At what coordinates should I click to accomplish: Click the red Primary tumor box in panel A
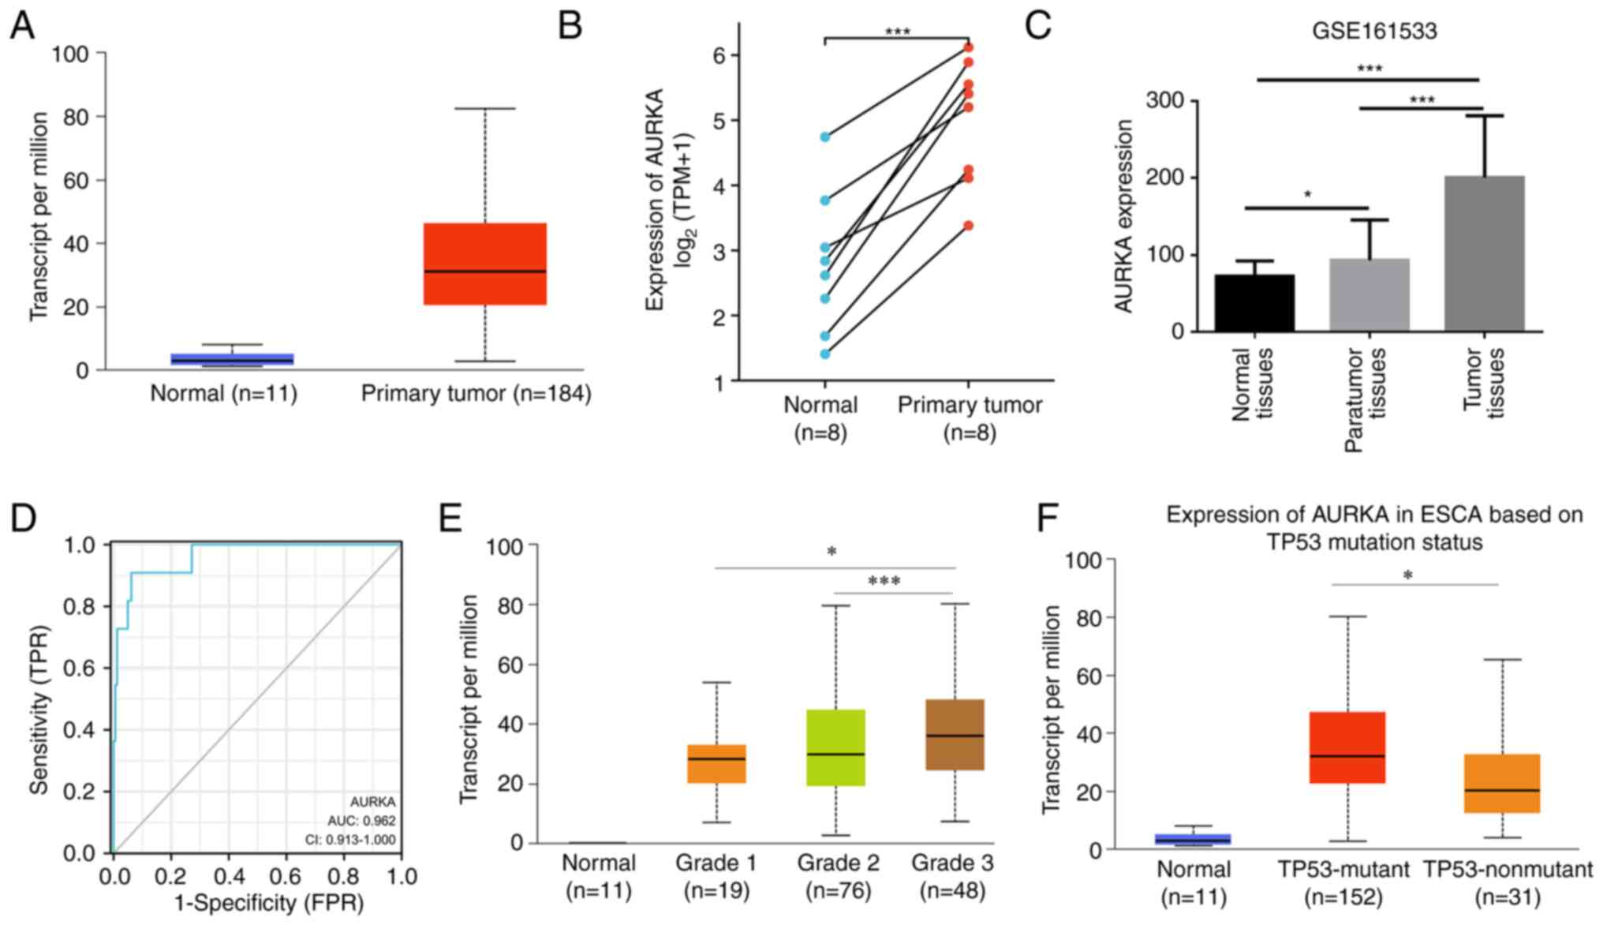[484, 264]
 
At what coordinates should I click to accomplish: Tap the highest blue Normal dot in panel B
[824, 137]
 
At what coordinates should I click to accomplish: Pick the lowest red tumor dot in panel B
[969, 226]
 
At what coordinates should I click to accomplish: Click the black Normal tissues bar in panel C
[1254, 303]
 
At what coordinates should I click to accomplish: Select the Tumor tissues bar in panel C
[1484, 253]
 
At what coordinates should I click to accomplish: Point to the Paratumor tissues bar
[1369, 295]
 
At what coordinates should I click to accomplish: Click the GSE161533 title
[1374, 32]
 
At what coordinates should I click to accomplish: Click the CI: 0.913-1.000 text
[350, 840]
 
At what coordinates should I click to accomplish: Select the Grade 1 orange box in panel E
[716, 763]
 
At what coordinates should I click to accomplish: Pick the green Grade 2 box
[835, 747]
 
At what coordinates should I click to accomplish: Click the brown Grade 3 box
[955, 734]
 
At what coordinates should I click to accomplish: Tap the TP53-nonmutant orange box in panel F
[1502, 783]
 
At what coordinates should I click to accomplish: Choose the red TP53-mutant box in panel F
[1347, 747]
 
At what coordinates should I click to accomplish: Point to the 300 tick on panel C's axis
[1169, 100]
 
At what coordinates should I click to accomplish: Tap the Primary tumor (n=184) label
[476, 393]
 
